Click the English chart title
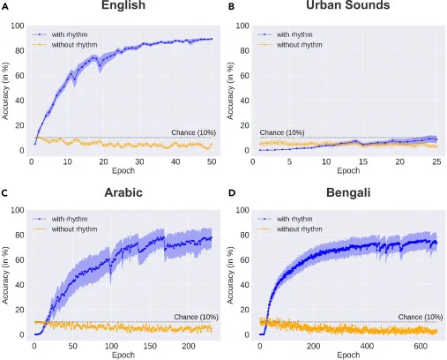click(x=123, y=5)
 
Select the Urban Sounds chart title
click(x=348, y=5)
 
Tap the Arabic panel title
click(x=123, y=192)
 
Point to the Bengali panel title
click(x=348, y=192)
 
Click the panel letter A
click(x=5, y=7)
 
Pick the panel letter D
click(x=232, y=193)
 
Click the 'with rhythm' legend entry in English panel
click(x=60, y=34)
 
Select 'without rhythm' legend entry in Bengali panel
click(x=289, y=229)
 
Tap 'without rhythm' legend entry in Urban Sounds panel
click(x=289, y=45)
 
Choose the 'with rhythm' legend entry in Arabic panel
click(x=60, y=219)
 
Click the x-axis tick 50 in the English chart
click(x=212, y=161)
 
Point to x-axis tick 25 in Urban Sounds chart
click(x=436, y=161)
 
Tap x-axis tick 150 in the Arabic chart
click(x=150, y=346)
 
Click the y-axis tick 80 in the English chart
click(x=19, y=50)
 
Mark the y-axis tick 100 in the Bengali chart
click(x=242, y=210)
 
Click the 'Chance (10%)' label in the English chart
click(x=194, y=132)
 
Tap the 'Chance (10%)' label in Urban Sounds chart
click(x=282, y=132)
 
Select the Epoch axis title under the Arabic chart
click(x=123, y=355)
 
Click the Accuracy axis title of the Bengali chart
click(x=230, y=275)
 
